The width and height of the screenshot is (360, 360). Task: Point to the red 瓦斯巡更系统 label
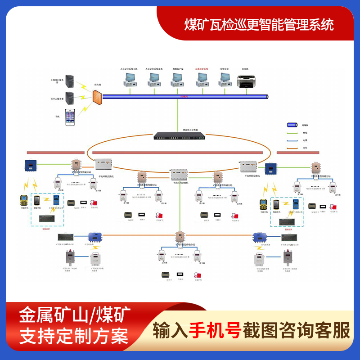point(201,69)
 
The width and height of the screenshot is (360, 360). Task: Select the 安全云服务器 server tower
point(70,97)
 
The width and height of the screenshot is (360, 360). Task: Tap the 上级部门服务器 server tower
point(70,81)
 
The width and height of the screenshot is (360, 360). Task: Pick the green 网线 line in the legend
point(293,133)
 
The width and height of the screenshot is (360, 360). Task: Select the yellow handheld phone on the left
point(24,201)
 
